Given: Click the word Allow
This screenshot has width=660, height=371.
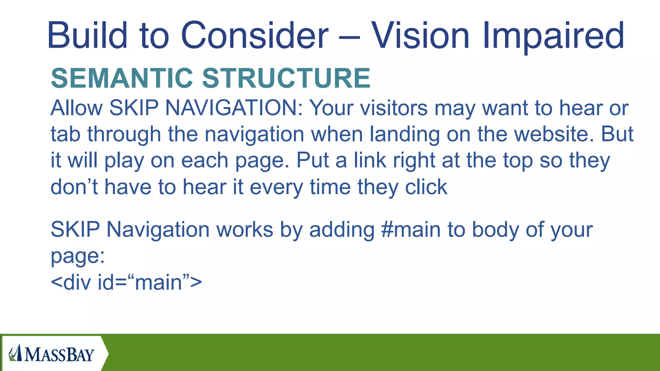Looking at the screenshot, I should point(77,108).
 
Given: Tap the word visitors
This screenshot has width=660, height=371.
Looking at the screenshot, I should point(394,108).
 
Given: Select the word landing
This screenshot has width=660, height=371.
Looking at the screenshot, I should point(405,134).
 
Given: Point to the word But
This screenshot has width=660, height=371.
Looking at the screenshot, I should point(617,134).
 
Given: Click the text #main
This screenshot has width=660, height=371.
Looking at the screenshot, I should point(411,230).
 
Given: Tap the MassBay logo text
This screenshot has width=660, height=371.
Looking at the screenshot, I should point(59,355).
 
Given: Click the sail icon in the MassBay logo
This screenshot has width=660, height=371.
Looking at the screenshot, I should point(16,353).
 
